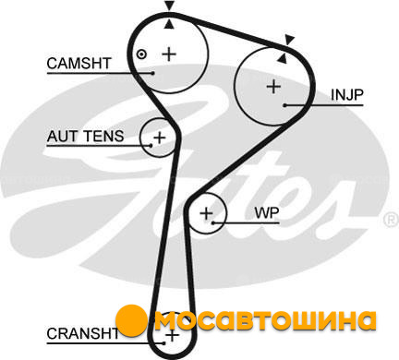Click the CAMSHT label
point(79,64)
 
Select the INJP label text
point(347,95)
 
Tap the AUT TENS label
point(85,136)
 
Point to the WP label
point(267,213)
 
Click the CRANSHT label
point(82,333)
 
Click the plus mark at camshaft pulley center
point(169,54)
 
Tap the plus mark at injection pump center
point(273,87)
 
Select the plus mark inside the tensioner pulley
point(159,138)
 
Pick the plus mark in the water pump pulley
point(206,213)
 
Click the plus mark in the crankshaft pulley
point(172,335)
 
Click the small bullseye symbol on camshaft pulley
point(141,54)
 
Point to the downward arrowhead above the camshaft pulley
point(169,6)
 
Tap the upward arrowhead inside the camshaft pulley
point(169,24)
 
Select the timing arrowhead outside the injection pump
point(289,40)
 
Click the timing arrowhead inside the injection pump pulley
point(282,58)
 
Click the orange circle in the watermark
point(132,320)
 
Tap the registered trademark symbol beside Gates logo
point(391,220)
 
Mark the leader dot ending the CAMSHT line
point(152,73)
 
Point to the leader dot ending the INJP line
point(285,105)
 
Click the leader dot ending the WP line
point(213,222)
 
